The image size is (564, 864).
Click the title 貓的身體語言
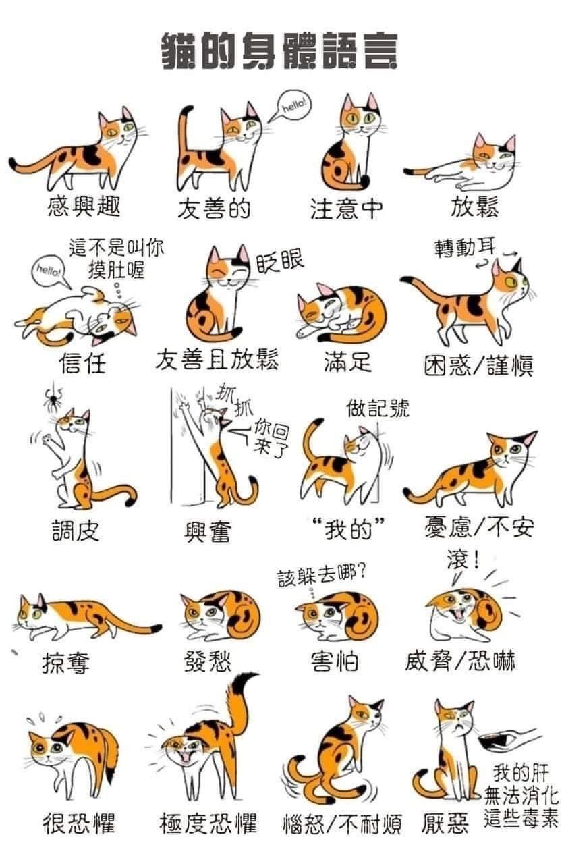pos(279,51)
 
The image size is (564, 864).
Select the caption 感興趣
pos(84,206)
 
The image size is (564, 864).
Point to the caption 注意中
pos(347,209)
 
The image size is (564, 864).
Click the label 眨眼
pos(280,262)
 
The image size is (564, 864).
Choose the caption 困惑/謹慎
pos(479,366)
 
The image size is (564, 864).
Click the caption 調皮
pos(76,531)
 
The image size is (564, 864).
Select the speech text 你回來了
pos(271,438)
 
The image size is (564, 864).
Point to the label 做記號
pos(377,408)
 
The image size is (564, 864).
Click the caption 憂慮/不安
pos(480,527)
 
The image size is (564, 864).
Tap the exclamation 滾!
pos(463,560)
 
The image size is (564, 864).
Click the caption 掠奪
pos(66,663)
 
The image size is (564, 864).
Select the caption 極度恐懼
pos(208,823)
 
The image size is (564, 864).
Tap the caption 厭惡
pos(445,823)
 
